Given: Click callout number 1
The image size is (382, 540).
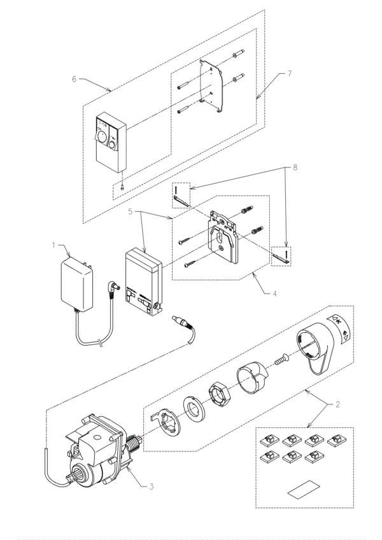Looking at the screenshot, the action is (x=53, y=245).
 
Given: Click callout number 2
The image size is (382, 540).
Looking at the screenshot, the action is (x=337, y=404).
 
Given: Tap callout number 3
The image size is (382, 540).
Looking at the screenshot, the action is (x=151, y=487).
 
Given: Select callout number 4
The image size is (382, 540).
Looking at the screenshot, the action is (x=274, y=294).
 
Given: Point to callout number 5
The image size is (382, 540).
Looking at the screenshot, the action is (x=131, y=211).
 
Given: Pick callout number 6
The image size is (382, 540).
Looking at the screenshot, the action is (x=74, y=79).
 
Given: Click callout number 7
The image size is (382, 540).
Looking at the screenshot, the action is (x=289, y=73).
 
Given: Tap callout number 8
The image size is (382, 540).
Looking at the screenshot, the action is (x=295, y=167).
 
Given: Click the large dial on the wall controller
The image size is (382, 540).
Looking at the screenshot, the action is (x=102, y=136).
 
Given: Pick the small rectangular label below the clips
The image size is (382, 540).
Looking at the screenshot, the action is (x=304, y=489).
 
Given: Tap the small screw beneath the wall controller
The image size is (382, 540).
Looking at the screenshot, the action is (x=122, y=187).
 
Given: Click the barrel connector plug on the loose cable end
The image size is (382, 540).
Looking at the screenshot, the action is (x=181, y=322).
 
